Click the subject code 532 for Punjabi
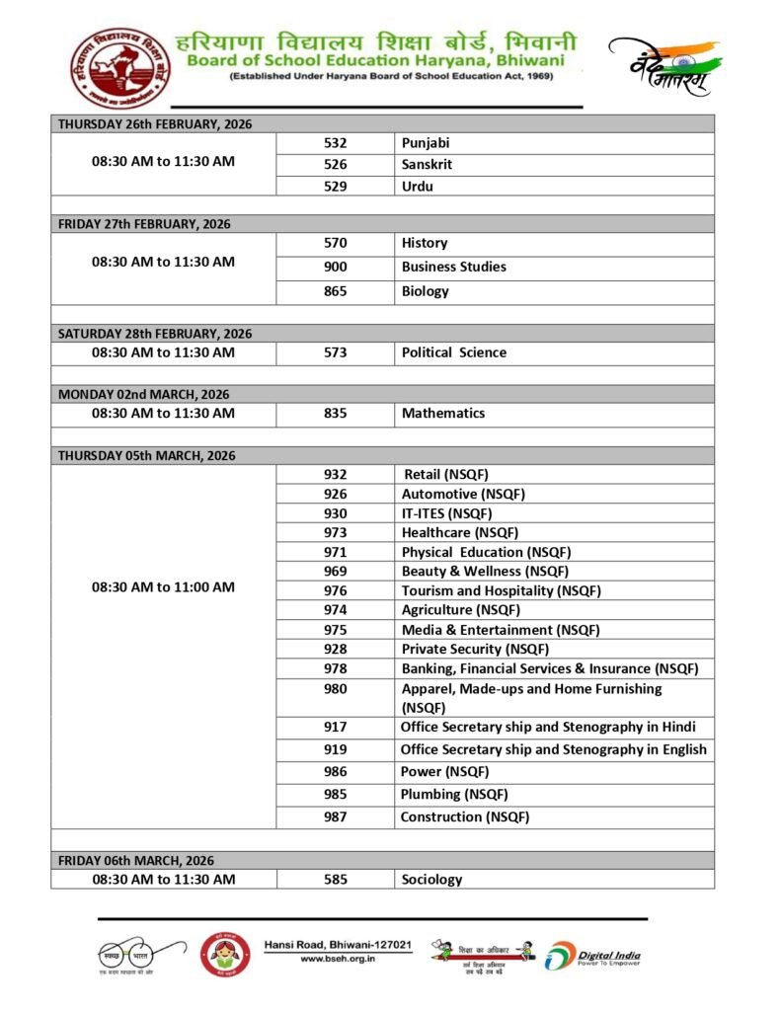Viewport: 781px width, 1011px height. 335,143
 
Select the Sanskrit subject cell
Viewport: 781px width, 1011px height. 427,165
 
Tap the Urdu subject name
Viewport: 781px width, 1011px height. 417,187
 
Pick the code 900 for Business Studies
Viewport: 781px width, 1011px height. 335,267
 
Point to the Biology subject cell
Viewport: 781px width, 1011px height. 425,291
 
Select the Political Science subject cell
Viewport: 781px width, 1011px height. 453,352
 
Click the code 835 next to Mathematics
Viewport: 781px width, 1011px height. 335,414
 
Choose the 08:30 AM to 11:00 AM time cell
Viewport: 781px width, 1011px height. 163,586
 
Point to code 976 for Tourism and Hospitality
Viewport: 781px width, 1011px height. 335,590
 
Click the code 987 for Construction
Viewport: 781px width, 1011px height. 335,817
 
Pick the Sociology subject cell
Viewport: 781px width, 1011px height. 431,879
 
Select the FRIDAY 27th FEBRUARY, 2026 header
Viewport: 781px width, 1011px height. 144,224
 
